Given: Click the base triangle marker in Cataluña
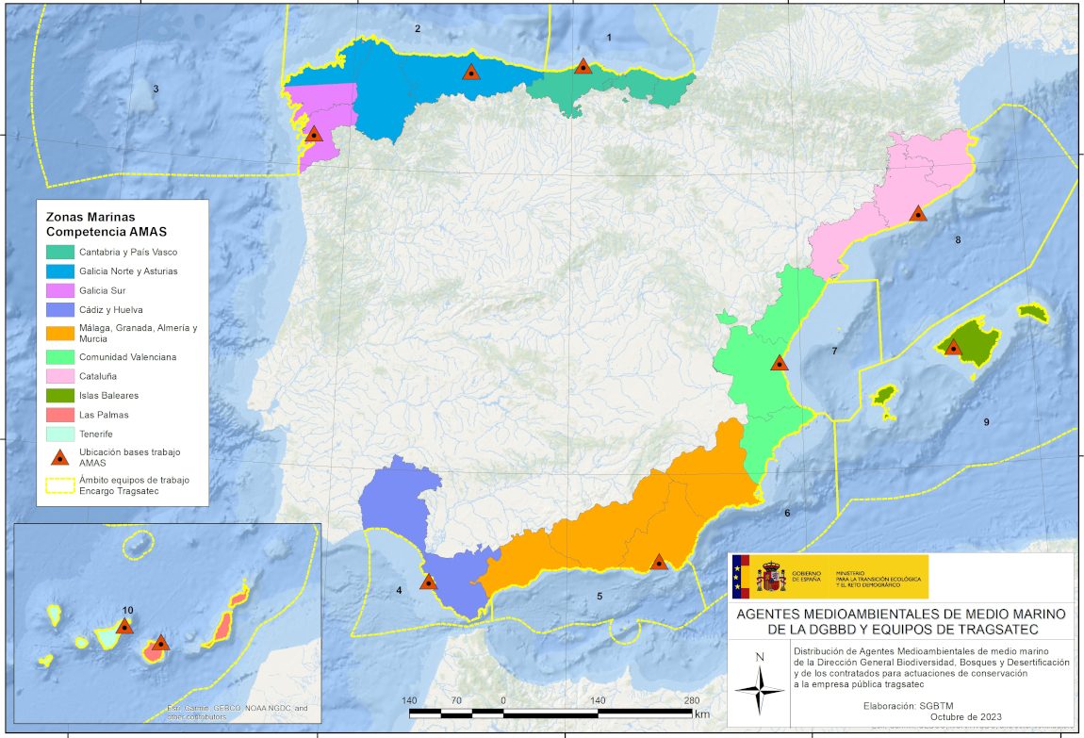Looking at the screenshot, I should (917, 214).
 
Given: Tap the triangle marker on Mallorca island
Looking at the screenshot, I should (953, 347).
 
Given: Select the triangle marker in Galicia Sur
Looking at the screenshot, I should (314, 134).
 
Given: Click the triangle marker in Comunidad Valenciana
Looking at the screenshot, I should (780, 363).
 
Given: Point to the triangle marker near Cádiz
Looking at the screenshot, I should (428, 582).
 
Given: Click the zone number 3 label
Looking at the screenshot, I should (156, 89).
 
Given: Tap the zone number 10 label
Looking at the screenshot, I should (128, 610).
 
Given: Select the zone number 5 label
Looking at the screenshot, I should (599, 596).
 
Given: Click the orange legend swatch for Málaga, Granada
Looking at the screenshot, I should (58, 333).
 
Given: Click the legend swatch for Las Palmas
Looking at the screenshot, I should (58, 415).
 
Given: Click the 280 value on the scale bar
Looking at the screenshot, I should (692, 700).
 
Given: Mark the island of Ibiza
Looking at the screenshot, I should (883, 395).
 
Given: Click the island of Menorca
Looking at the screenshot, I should (1034, 312).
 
